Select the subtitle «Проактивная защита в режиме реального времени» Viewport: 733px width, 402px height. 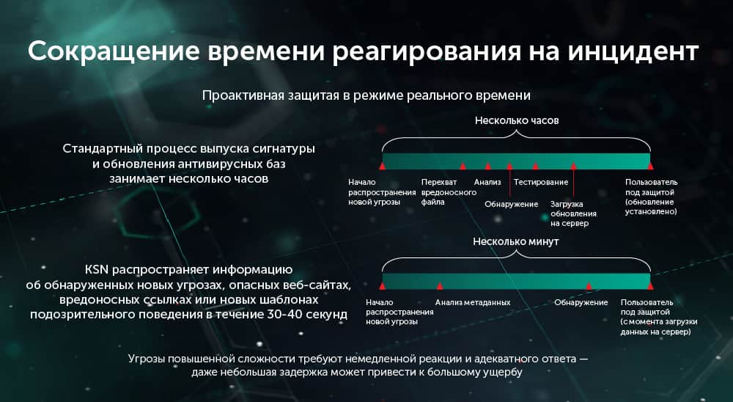click(x=366, y=96)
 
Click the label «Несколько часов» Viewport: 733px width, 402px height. click(x=517, y=120)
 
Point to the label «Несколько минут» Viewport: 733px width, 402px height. click(x=516, y=241)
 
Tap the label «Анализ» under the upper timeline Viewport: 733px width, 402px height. click(x=487, y=182)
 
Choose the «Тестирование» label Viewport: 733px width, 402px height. click(x=541, y=182)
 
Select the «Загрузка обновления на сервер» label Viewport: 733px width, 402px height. click(x=573, y=213)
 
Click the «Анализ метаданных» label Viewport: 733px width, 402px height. click(x=472, y=302)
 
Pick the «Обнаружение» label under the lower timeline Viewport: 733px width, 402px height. click(x=581, y=302)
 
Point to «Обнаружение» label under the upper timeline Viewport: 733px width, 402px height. click(x=511, y=203)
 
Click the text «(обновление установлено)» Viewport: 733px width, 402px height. click(x=651, y=206)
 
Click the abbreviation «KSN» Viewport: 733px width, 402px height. click(x=97, y=269)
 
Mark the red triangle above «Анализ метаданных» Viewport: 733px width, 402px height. click(x=440, y=286)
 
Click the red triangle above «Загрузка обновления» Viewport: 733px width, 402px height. click(x=573, y=167)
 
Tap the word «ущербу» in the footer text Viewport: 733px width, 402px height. click(x=506, y=373)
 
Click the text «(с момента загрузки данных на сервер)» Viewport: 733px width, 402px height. click(x=658, y=326)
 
